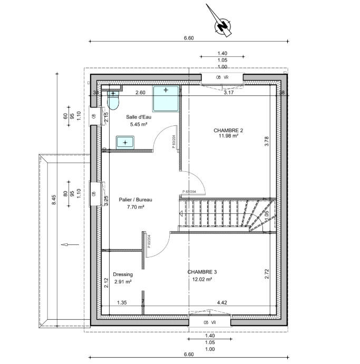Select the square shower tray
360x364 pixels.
click(x=166, y=98)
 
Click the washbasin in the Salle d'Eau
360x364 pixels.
click(x=125, y=142)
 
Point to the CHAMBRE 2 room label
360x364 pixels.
click(x=228, y=130)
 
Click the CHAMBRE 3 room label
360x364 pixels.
click(x=202, y=272)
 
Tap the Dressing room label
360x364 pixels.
click(x=123, y=274)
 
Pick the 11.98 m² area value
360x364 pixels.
click(x=228, y=135)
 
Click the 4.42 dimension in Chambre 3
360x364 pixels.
click(x=222, y=302)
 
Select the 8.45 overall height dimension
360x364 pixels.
click(x=54, y=200)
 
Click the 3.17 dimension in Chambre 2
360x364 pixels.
click(x=228, y=93)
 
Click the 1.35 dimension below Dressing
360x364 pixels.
click(x=121, y=302)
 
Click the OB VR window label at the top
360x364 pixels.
click(x=222, y=77)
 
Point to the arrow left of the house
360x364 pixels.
click(x=66, y=244)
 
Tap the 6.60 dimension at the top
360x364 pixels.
click(x=189, y=38)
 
